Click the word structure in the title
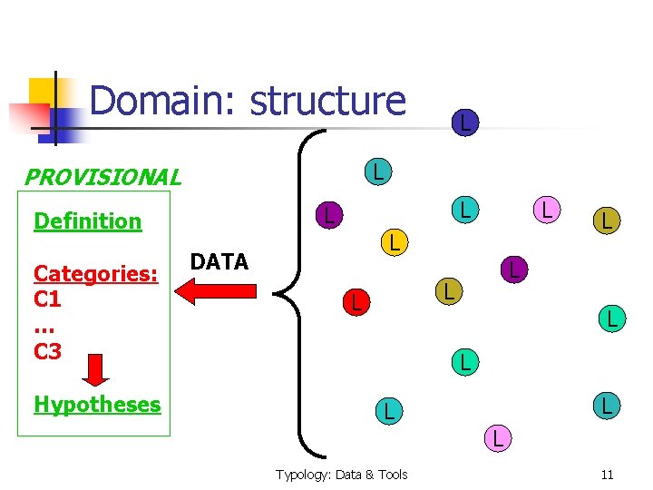[x=327, y=102]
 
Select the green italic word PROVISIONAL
[x=102, y=177]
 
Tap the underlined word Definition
[x=87, y=221]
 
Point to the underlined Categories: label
[x=95, y=273]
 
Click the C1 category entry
[x=47, y=299]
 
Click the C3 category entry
[x=47, y=351]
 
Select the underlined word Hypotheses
[x=97, y=405]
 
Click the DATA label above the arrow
[x=219, y=263]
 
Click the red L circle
[x=356, y=303]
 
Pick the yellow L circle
[x=392, y=241]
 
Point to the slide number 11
[x=607, y=475]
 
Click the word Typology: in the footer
[x=306, y=475]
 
